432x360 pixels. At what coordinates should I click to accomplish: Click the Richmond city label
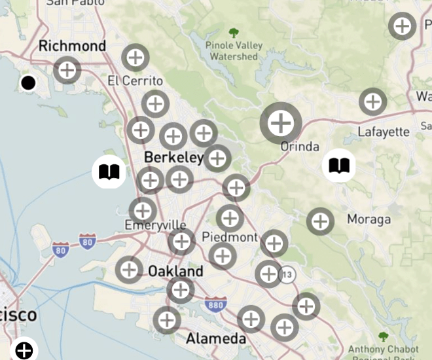(x=72, y=46)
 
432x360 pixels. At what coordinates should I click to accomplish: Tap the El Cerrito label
(x=135, y=81)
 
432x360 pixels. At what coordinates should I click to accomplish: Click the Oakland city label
(x=175, y=271)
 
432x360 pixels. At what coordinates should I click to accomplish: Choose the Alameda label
(x=216, y=338)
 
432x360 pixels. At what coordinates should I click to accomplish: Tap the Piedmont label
(x=230, y=237)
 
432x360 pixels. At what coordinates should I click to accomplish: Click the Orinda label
(x=300, y=146)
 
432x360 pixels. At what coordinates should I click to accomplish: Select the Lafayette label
(x=384, y=132)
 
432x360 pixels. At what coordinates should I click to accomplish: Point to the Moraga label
(x=369, y=219)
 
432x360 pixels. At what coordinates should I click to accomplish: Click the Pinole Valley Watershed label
(x=234, y=51)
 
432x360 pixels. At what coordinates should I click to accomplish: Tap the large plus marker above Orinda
(x=281, y=122)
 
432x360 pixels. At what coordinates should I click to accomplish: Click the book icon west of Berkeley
(x=109, y=172)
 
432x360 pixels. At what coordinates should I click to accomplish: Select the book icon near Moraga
(x=339, y=166)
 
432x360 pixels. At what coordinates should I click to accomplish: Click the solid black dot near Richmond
(x=28, y=83)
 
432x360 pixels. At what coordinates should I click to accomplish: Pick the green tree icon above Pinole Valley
(x=234, y=32)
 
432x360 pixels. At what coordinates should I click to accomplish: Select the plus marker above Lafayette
(x=372, y=101)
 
